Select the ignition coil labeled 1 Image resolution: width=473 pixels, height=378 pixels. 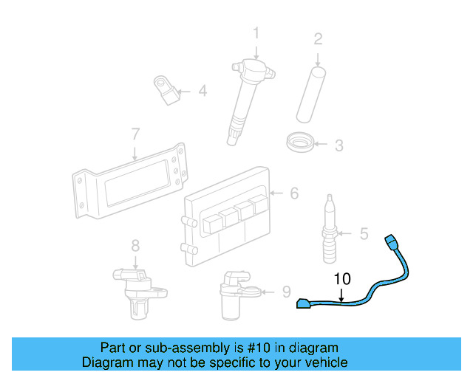pyautogui.click(x=248, y=95)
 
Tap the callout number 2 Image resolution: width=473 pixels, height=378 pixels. pyautogui.click(x=318, y=38)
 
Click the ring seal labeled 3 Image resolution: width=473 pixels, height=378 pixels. pyautogui.click(x=301, y=141)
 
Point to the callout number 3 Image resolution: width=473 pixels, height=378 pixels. pyautogui.click(x=338, y=145)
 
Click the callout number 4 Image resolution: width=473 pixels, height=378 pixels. pyautogui.click(x=202, y=92)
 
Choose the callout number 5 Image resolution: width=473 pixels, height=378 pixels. pyautogui.click(x=364, y=234)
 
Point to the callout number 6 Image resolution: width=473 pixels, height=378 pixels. pyautogui.click(x=293, y=193)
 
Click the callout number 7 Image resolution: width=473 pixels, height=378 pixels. pyautogui.click(x=135, y=134)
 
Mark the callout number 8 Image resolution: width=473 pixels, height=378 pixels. pyautogui.click(x=135, y=245)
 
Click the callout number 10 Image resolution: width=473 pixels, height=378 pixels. pyautogui.click(x=341, y=279)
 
